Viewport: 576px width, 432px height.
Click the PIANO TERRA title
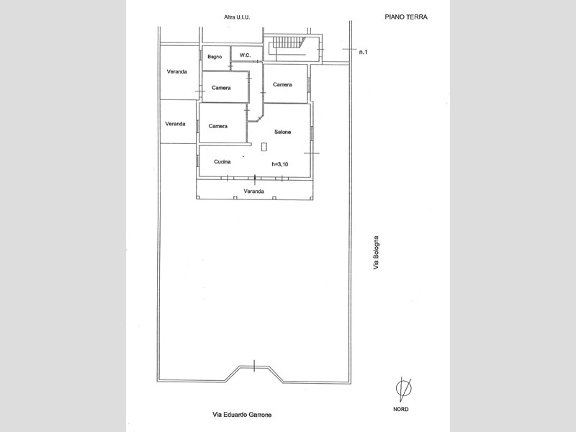(406, 17)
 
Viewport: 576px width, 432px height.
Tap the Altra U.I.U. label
(237, 17)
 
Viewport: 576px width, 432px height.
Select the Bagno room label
(215, 57)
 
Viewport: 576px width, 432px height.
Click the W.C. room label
(245, 55)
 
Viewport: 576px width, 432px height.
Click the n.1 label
(363, 52)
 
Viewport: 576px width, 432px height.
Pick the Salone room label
(282, 132)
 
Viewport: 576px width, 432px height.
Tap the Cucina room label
(222, 161)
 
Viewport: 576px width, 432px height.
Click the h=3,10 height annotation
(280, 164)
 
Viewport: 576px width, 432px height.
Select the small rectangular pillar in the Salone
(264, 147)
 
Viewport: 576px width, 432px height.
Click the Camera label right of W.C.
(282, 84)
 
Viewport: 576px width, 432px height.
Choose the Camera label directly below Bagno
(221, 88)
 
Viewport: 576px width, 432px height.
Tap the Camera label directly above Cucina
(218, 126)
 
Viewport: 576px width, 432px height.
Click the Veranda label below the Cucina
(254, 192)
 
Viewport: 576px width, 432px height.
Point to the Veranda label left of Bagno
(176, 71)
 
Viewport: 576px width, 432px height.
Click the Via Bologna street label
(376, 253)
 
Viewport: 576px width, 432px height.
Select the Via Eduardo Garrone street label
(242, 415)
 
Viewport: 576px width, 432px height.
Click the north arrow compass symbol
(403, 389)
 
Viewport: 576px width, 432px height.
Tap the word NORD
(401, 409)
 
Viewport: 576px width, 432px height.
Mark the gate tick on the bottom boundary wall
(254, 366)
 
